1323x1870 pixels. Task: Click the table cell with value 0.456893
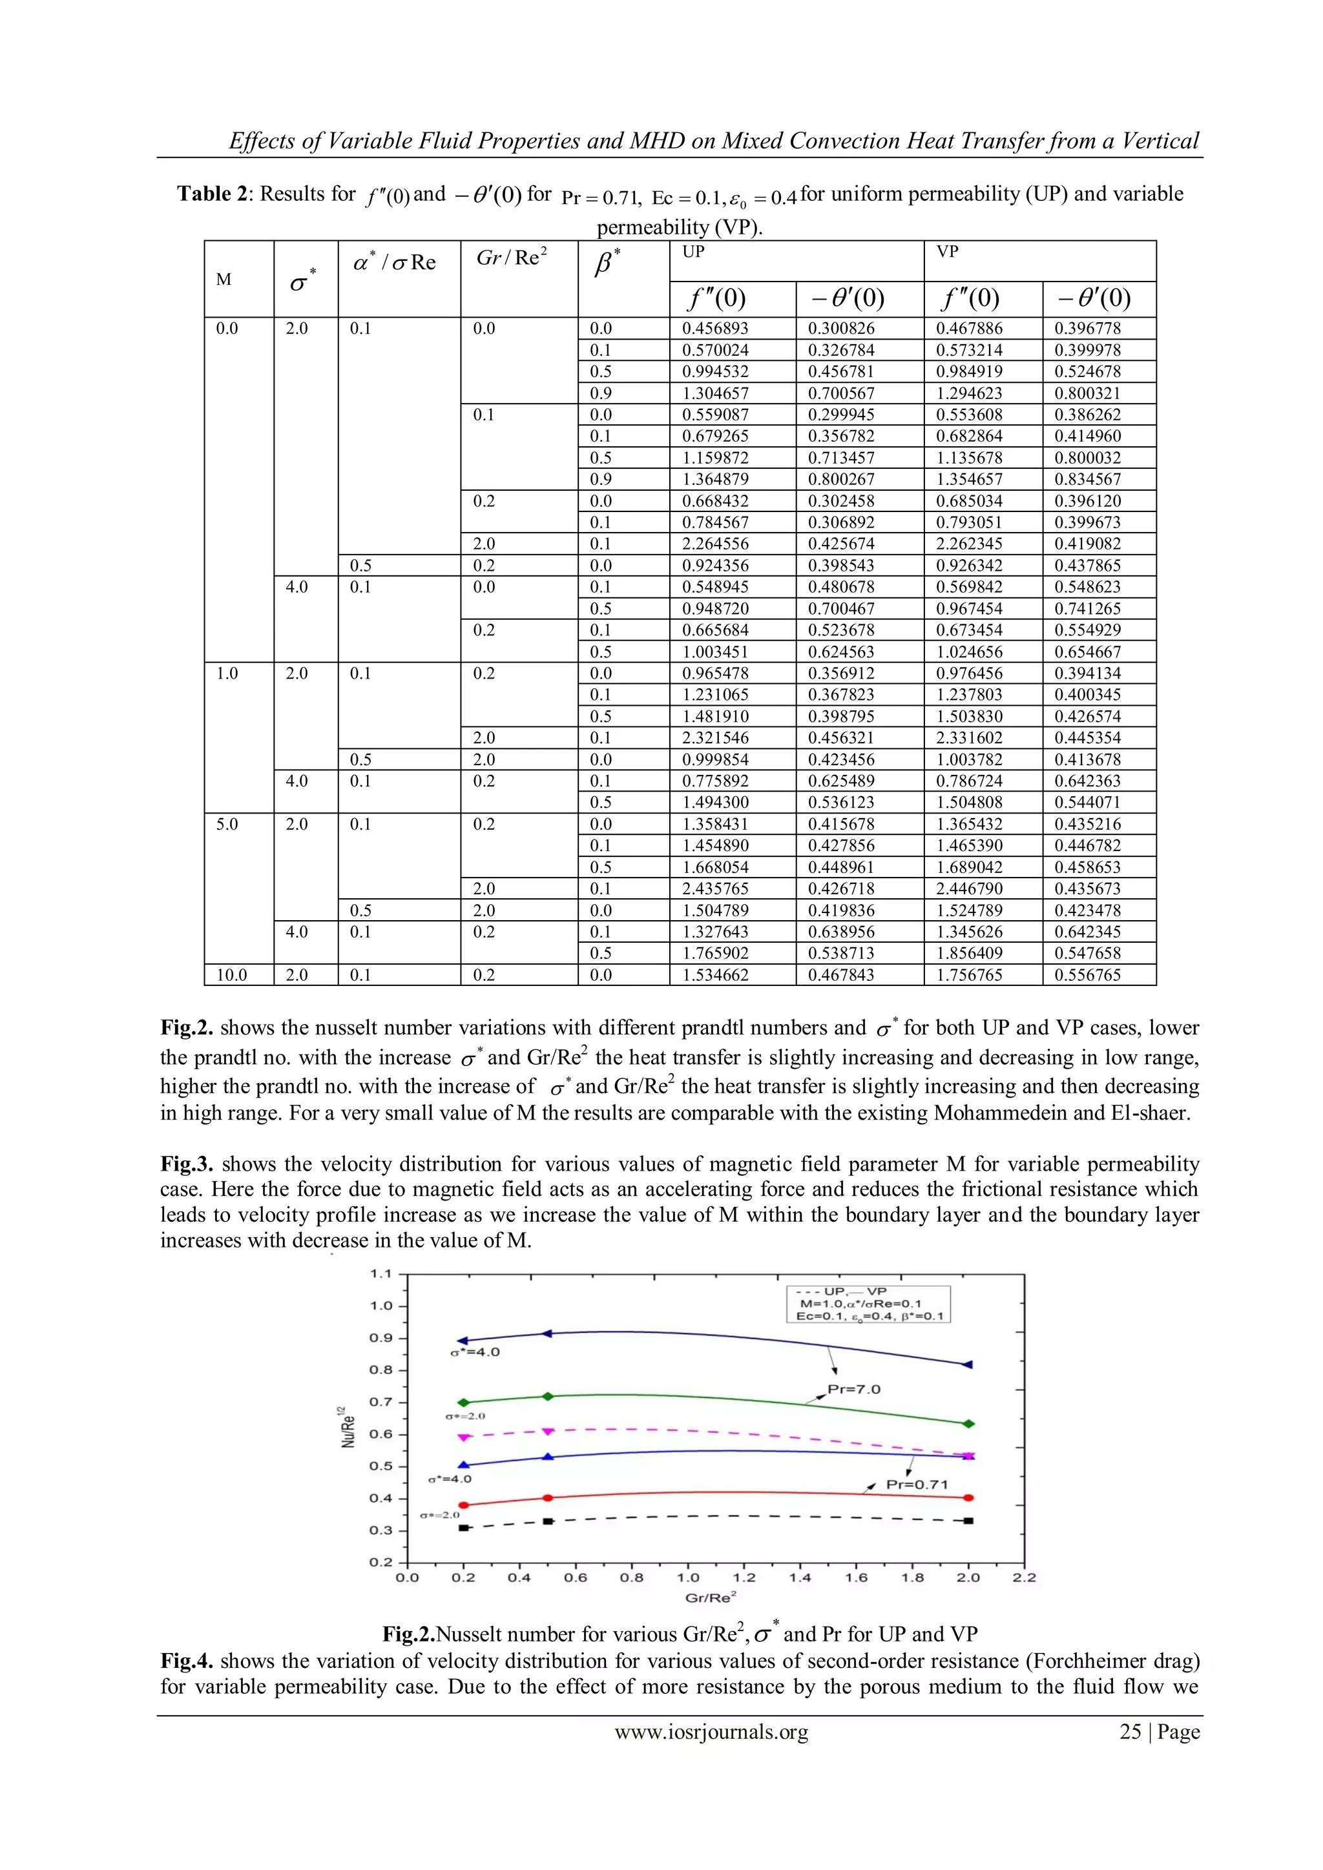714,328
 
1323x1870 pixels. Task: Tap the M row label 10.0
231,975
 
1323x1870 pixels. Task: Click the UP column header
693,252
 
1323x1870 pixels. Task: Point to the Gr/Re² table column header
512,258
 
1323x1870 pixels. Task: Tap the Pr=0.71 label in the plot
917,1485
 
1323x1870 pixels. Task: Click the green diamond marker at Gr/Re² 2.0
968,1424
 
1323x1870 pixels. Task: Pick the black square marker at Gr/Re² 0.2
464,1528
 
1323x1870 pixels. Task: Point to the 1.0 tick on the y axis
381,1306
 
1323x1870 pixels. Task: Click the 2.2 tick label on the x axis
1024,1577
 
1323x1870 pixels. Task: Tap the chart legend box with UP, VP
868,1304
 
